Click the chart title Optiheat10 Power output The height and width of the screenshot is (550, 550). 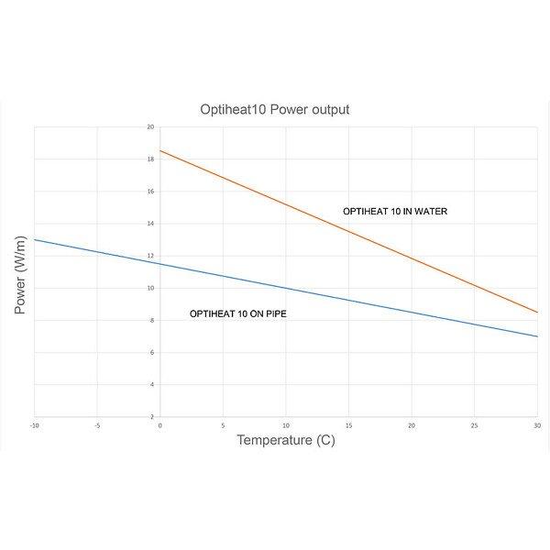pyautogui.click(x=275, y=109)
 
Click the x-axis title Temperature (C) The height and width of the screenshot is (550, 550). pyautogui.click(x=286, y=440)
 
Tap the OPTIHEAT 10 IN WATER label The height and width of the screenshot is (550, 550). pyautogui.click(x=395, y=212)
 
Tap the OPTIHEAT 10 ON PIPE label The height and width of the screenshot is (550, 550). pyautogui.click(x=237, y=313)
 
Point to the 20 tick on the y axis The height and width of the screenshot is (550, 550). pyautogui.click(x=150, y=127)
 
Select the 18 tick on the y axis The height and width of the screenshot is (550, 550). pyautogui.click(x=150, y=159)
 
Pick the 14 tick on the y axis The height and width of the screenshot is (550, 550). pyautogui.click(x=150, y=224)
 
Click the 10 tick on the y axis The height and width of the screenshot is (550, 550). pyautogui.click(x=150, y=288)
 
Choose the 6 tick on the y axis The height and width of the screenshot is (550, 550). pyautogui.click(x=151, y=352)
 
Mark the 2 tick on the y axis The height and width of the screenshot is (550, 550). pyautogui.click(x=151, y=416)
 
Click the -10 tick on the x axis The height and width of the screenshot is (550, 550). pyautogui.click(x=34, y=425)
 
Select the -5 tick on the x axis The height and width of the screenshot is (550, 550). pyautogui.click(x=97, y=425)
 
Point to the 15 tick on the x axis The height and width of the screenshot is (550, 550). pyautogui.click(x=349, y=425)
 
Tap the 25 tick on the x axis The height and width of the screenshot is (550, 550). pyautogui.click(x=475, y=425)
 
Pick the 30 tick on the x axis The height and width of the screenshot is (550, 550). pyautogui.click(x=537, y=425)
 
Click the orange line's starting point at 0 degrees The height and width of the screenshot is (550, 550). pyautogui.click(x=159, y=150)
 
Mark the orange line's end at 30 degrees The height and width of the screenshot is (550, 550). pyautogui.click(x=538, y=313)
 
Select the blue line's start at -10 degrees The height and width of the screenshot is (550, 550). pyautogui.click(x=34, y=239)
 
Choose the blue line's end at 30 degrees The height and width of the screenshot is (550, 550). pyautogui.click(x=538, y=336)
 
